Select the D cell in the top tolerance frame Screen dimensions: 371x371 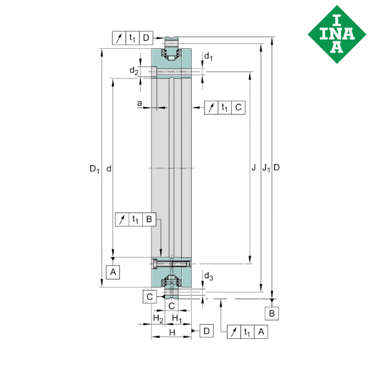point(146,38)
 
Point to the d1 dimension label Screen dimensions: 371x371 point(208,59)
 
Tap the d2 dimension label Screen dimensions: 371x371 point(134,71)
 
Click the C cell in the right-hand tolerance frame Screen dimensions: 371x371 point(238,108)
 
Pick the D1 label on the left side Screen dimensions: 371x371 point(94,168)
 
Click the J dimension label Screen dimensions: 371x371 point(254,168)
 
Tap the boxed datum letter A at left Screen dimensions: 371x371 point(113,271)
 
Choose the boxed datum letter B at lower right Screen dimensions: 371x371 point(273,314)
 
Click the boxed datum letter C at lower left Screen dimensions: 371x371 point(149,297)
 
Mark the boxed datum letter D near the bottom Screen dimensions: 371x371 point(207,332)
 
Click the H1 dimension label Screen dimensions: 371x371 point(176,319)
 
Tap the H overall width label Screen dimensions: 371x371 point(171,333)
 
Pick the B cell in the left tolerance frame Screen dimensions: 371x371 point(148,219)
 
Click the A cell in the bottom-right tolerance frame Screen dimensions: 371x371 point(262,332)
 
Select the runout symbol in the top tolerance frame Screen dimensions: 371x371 point(119,38)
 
